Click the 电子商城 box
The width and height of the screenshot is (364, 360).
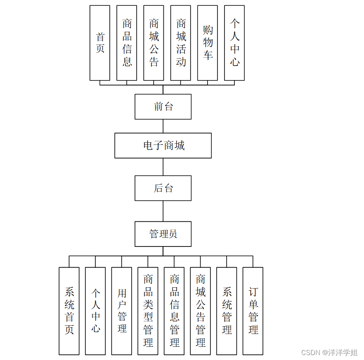(x=163, y=145)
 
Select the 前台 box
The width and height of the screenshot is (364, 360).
(x=163, y=107)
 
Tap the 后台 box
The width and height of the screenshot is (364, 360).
(x=163, y=188)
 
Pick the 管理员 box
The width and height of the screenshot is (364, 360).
(x=163, y=234)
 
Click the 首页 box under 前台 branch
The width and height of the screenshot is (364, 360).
(x=100, y=43)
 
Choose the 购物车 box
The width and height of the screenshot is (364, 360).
(x=208, y=43)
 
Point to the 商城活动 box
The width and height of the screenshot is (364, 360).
(x=181, y=43)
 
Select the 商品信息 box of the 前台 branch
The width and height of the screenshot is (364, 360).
(x=127, y=43)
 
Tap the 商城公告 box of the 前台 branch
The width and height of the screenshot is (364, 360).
(x=154, y=43)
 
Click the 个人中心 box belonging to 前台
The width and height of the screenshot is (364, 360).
(x=234, y=43)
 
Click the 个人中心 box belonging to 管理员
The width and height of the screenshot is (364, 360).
(x=95, y=311)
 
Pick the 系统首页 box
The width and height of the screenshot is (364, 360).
(x=69, y=311)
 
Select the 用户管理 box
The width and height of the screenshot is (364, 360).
(x=122, y=311)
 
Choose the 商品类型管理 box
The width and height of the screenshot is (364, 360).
(x=148, y=311)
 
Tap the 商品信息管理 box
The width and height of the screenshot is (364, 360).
(x=174, y=311)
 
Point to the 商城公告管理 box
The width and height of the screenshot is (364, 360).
(x=201, y=311)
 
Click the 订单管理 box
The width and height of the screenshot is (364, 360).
(x=253, y=311)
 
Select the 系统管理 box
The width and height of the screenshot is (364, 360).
(x=227, y=311)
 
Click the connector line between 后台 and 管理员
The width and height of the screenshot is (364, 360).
(x=163, y=211)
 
